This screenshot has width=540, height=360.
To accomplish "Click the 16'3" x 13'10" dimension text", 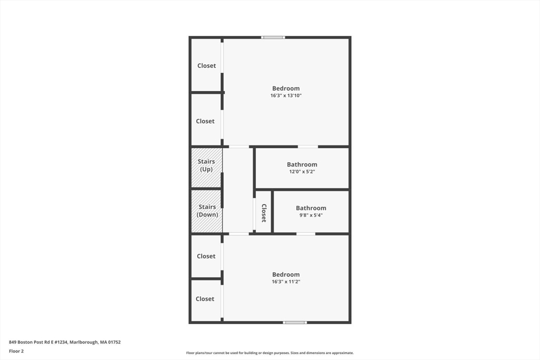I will tap(286, 96).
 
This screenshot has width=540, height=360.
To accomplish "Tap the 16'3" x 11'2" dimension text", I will tap(286, 282).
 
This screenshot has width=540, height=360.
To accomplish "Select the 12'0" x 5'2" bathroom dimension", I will tap(302, 172).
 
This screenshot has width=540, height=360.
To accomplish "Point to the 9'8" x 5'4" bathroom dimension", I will tap(311, 215).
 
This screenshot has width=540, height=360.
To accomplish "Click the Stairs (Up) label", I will tap(206, 166).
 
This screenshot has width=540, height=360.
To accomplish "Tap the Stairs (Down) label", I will tap(207, 211).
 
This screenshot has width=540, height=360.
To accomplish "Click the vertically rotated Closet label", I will tap(264, 213).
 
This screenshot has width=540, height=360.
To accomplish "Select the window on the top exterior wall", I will tap(273, 37).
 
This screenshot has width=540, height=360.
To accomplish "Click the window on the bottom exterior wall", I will tap(295, 322).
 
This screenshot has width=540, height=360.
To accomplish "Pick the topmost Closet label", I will tap(206, 66).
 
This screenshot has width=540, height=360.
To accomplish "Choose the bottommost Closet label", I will tap(205, 299).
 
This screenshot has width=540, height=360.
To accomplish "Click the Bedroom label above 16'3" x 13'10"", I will tap(286, 89).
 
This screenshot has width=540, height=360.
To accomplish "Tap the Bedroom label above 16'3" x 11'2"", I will tap(286, 275).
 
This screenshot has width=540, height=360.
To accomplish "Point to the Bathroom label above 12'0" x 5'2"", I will tap(302, 164).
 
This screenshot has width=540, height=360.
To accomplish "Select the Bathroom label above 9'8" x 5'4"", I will tap(311, 208).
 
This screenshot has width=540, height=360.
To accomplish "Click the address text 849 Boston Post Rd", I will tap(65, 342).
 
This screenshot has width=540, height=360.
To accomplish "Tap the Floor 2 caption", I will tap(16, 351).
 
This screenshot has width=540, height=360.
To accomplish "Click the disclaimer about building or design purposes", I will tap(269, 353).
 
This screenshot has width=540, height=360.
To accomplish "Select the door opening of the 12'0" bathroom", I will tap(308, 147).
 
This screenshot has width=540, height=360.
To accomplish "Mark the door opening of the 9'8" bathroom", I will tap(306, 233).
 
